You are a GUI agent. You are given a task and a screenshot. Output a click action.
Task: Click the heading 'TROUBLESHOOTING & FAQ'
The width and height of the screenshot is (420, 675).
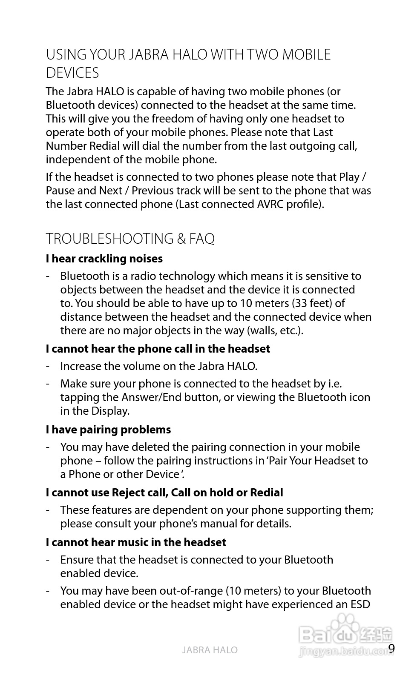point(130,239)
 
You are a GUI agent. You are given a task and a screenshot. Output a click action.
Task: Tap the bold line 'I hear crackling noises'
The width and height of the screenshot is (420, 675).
point(104,259)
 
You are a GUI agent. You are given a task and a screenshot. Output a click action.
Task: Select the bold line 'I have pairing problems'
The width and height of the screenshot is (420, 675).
point(108,430)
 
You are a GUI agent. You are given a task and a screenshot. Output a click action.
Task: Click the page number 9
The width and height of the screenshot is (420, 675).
point(391,649)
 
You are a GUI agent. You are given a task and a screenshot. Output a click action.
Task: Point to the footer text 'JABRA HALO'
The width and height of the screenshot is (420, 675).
point(210,650)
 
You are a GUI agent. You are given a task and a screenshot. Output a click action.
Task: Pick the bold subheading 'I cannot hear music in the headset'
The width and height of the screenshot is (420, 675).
point(136,542)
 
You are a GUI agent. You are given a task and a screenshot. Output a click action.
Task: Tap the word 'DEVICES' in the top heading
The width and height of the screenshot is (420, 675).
point(72,73)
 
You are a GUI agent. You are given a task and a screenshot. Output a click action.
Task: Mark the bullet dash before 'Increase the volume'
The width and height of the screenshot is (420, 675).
point(49,366)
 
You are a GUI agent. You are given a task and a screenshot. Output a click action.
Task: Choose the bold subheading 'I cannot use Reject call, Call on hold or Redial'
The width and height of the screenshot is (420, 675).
point(164,493)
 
